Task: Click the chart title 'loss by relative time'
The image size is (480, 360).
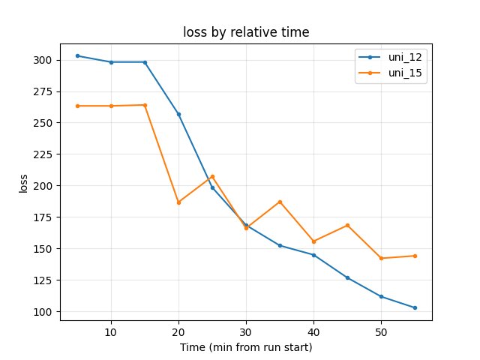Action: click(x=246, y=32)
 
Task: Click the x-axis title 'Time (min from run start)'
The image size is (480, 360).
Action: click(x=246, y=347)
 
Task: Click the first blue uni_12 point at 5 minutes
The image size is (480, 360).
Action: click(x=77, y=55)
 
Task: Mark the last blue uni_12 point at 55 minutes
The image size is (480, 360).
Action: click(x=415, y=307)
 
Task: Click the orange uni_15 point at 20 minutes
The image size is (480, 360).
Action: click(x=178, y=202)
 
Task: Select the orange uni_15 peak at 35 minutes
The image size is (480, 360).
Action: click(x=280, y=202)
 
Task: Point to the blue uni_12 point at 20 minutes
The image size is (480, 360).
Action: click(x=178, y=114)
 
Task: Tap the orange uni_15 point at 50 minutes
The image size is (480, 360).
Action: click(x=381, y=258)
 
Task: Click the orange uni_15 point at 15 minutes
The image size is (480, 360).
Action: click(x=145, y=105)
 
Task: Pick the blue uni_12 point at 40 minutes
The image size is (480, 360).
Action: click(x=313, y=255)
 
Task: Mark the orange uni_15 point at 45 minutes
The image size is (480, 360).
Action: click(x=347, y=225)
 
